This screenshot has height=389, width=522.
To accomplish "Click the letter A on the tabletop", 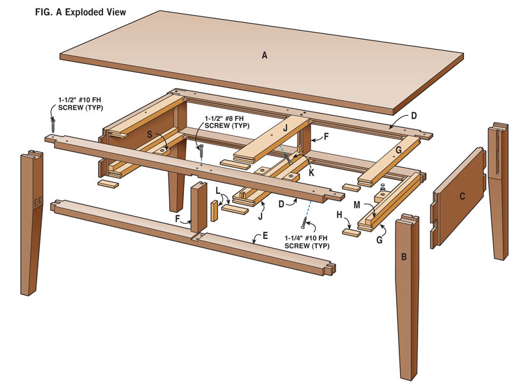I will tap(264, 56).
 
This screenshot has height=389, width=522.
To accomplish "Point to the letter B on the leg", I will tap(404, 257).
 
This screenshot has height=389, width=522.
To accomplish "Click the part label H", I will tap(339, 215).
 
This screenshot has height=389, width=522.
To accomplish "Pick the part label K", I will tap(312, 173).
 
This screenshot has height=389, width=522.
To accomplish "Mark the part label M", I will tap(357, 205).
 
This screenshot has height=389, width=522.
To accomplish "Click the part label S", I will tap(149, 133).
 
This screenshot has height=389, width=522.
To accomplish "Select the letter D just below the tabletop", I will tap(413, 117).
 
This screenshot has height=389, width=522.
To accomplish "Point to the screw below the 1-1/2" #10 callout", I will tap(53, 123).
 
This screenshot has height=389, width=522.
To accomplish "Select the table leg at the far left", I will tap(31, 222).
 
